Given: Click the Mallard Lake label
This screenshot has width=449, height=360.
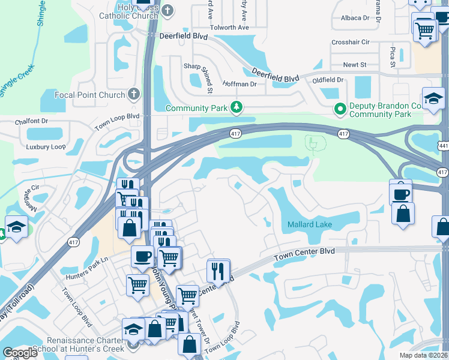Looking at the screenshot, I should [309, 224].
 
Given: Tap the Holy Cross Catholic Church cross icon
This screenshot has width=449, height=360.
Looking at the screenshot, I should [167, 10].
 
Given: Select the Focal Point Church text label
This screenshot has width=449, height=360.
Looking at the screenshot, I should [89, 95].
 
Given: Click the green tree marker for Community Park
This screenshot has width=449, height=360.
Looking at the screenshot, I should [238, 107].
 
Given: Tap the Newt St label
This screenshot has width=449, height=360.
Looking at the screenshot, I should [355, 65].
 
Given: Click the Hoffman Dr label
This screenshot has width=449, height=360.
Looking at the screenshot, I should [240, 84].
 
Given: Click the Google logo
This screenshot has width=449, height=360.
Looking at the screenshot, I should [20, 353].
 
